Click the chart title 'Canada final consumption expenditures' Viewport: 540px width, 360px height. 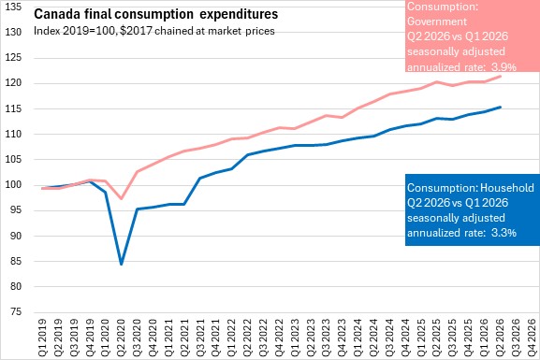(x=156, y=14)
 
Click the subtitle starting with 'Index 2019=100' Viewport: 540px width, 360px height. (x=153, y=31)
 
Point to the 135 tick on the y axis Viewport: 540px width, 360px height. (x=13, y=7)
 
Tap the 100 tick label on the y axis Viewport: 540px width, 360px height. (x=13, y=185)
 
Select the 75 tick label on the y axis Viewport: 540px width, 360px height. (x=16, y=312)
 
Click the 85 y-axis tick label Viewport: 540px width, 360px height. (x=16, y=261)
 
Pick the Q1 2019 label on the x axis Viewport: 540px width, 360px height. (x=42, y=333)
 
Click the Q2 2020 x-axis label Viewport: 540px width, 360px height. (x=122, y=333)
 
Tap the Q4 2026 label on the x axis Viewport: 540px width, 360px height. (x=532, y=333)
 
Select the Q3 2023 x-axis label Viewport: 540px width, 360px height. (x=327, y=333)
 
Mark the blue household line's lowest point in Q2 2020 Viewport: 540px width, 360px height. (x=122, y=265)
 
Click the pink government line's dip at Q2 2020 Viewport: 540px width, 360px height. (x=122, y=198)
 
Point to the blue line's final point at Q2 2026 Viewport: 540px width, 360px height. (x=500, y=107)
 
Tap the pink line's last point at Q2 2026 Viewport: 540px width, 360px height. (x=500, y=77)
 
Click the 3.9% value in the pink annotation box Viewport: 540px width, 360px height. (x=504, y=66)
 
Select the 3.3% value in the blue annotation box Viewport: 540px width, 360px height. (x=504, y=233)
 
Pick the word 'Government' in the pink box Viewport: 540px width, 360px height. (x=437, y=22)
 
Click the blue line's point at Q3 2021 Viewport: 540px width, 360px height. (x=200, y=178)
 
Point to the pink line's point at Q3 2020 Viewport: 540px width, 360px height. (x=137, y=171)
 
